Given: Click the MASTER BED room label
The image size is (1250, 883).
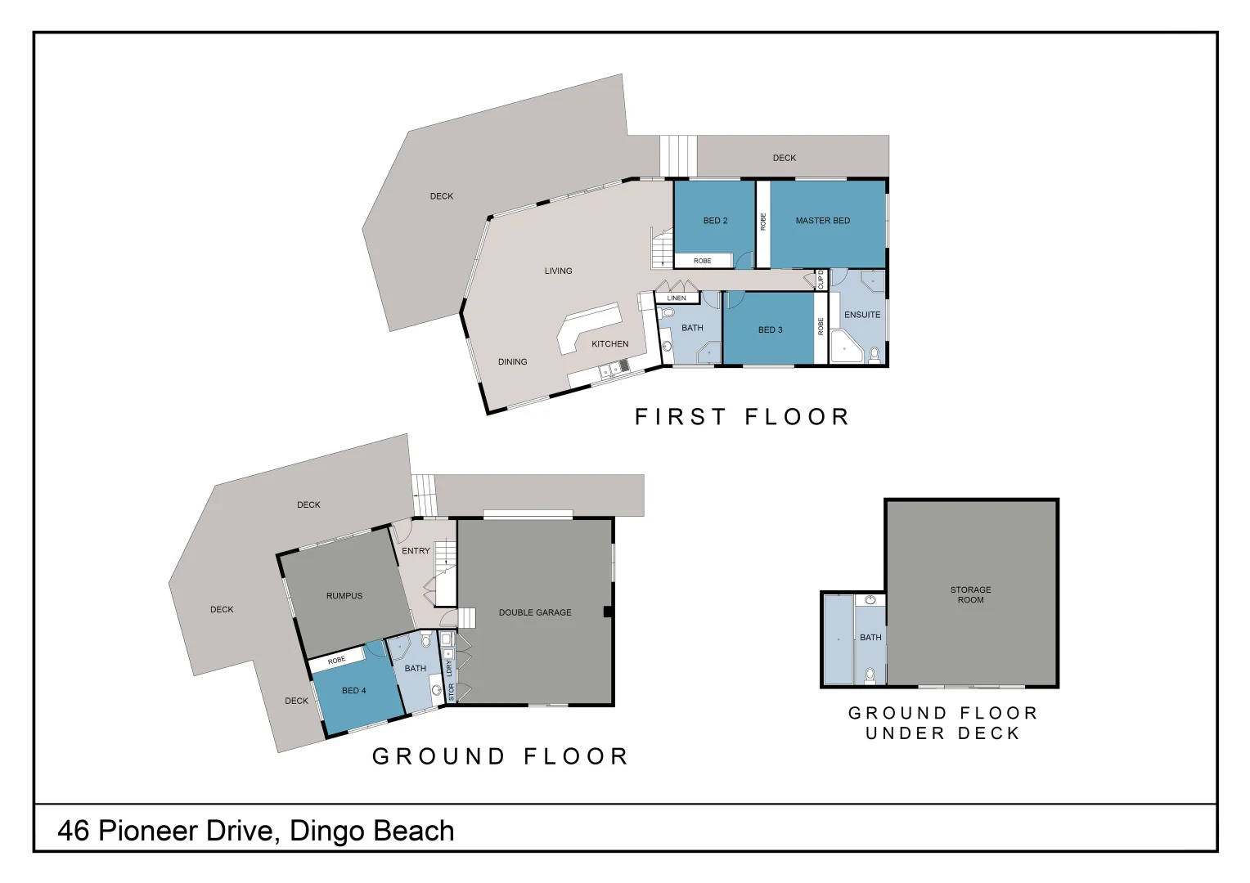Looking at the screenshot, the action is click(x=822, y=221).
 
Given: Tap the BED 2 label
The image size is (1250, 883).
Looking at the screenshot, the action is click(x=716, y=221).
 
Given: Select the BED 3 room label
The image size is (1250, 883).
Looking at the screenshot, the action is click(x=770, y=330).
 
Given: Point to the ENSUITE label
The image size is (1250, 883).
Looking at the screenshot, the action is click(x=862, y=315).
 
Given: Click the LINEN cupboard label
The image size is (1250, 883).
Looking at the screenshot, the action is click(x=677, y=298).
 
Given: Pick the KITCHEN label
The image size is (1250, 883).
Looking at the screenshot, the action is click(x=610, y=344).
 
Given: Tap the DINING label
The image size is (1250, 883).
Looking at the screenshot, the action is click(x=512, y=362).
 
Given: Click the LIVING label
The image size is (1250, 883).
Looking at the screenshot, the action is click(x=558, y=271).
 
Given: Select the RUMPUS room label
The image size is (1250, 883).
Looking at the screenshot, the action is click(x=344, y=596).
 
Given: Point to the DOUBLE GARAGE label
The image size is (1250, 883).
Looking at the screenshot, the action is click(x=535, y=612).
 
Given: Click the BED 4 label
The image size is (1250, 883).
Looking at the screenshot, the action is click(x=353, y=691).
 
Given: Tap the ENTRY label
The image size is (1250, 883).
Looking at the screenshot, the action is click(x=416, y=551).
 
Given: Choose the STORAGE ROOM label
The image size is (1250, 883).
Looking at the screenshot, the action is click(x=971, y=594).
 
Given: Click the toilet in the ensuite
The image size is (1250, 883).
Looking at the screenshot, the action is click(x=875, y=355).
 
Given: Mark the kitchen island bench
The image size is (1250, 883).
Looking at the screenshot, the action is click(x=589, y=327).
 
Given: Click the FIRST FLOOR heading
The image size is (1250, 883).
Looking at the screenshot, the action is click(x=742, y=417).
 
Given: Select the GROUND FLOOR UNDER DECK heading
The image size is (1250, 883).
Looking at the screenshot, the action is click(x=942, y=723).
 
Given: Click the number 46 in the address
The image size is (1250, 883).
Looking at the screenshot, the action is click(x=73, y=831).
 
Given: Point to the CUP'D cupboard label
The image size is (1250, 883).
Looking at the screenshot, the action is click(x=821, y=280).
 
